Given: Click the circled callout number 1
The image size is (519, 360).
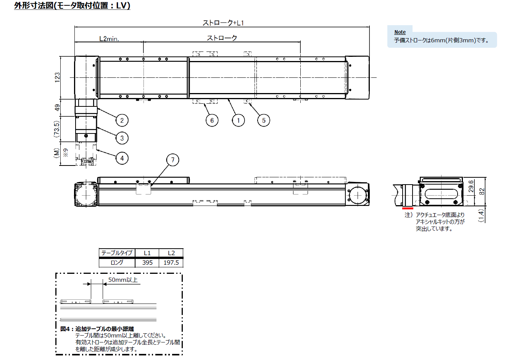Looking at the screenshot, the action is click(238, 121).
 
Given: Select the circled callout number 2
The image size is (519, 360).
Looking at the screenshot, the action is click(122, 121).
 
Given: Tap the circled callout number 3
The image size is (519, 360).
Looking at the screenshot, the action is click(122, 138).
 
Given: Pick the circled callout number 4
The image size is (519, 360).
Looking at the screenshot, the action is click(122, 158).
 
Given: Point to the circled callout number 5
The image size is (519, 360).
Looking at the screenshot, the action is click(264, 121).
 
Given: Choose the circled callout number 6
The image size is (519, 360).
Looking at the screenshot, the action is click(212, 121).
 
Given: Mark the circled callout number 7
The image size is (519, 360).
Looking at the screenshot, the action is click(172, 160).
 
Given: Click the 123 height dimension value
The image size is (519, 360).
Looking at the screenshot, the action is click(57, 77).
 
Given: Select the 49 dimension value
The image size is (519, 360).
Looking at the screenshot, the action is click(57, 108).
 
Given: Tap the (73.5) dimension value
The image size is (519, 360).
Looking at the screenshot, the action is click(56, 129).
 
